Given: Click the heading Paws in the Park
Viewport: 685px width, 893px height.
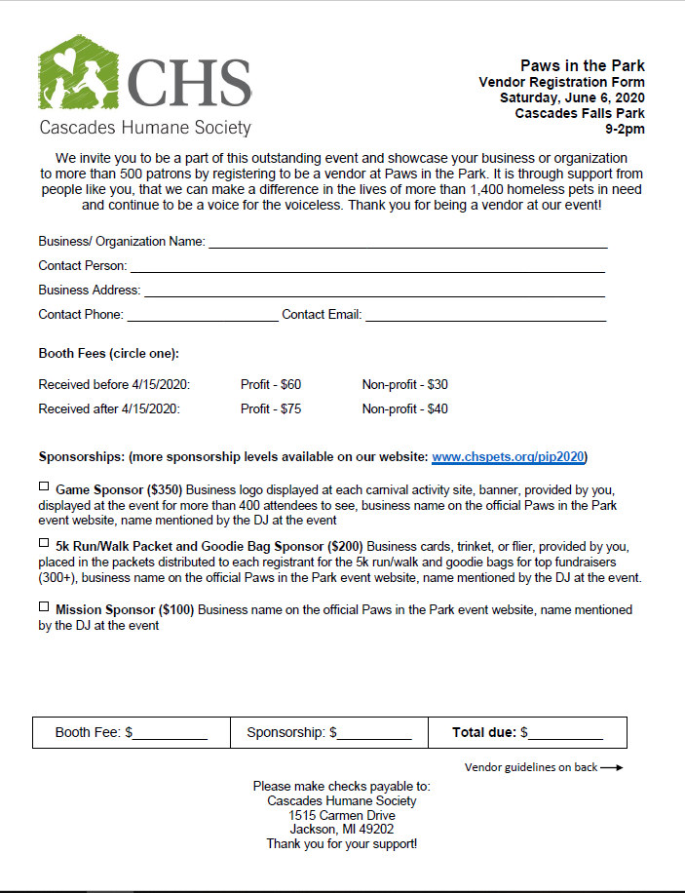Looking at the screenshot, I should (582, 66).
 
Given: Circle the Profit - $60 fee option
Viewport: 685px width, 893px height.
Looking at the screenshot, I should (271, 385).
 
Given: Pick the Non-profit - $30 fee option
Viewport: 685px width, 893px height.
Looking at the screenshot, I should (405, 385).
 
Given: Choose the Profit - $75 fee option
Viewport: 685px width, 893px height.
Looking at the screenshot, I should (271, 409).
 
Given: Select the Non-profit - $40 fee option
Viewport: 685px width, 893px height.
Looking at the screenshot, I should (405, 409).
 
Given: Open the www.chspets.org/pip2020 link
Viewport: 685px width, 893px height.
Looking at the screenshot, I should (509, 457).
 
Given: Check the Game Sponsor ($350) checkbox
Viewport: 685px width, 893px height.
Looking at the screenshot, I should (44, 485).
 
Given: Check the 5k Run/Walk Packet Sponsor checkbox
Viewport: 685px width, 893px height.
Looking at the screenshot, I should (44, 543).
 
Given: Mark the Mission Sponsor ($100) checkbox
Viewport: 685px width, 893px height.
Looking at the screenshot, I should (44, 606).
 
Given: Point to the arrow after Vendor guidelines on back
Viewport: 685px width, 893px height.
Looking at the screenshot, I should (611, 768).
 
